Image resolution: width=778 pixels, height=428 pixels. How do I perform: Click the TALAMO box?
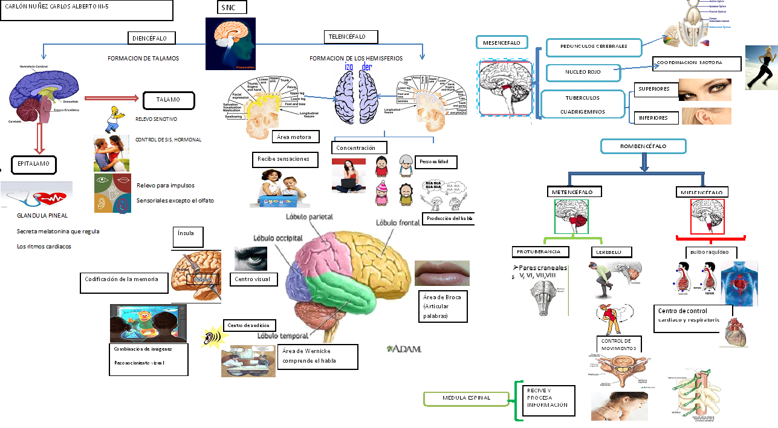click(x=169, y=99)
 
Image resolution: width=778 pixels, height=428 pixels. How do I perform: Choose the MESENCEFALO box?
click(x=502, y=42)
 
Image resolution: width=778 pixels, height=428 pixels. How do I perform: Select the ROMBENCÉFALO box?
click(x=643, y=146)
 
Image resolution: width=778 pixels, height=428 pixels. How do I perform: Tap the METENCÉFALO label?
click(x=577, y=192)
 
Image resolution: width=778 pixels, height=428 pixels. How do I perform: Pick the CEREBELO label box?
click(x=611, y=251)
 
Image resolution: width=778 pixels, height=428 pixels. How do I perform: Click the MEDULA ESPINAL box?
click(x=466, y=398)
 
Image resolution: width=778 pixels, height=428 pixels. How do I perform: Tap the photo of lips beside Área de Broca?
click(x=442, y=273)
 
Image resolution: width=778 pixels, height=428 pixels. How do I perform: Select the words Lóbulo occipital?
click(x=277, y=238)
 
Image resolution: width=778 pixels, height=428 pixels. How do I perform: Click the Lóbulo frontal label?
click(x=398, y=222)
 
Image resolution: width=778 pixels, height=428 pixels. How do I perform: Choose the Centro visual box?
click(x=254, y=279)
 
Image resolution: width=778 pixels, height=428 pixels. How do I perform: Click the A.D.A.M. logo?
click(x=404, y=349)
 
